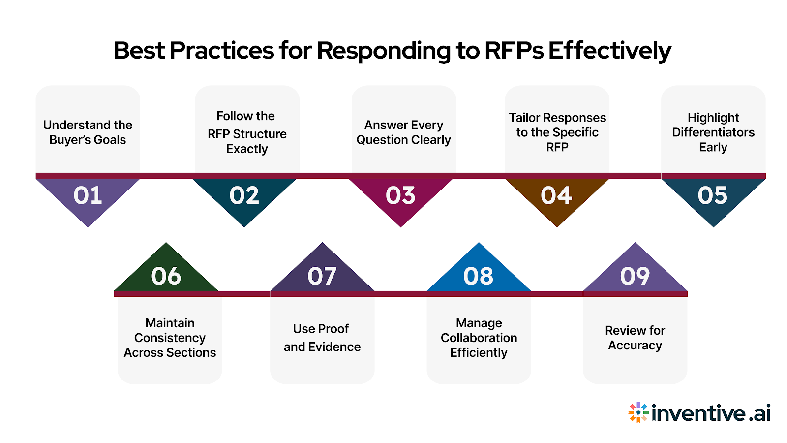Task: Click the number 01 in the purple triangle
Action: (x=88, y=195)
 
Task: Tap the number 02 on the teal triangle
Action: (x=244, y=195)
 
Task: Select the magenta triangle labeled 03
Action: (x=400, y=197)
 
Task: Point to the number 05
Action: (x=712, y=195)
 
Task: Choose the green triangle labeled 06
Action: (x=166, y=276)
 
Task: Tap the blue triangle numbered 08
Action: (x=478, y=276)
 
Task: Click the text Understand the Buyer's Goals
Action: (x=88, y=132)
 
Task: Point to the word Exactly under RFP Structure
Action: (x=247, y=149)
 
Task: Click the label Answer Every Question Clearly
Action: (x=403, y=132)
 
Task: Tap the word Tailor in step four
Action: (x=525, y=118)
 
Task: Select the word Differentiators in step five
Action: (x=713, y=132)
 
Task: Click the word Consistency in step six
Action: (x=170, y=338)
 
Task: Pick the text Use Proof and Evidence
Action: (x=322, y=338)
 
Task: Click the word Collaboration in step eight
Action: (x=479, y=338)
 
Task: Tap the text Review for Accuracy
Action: (x=635, y=338)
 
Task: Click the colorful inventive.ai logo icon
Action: (x=638, y=412)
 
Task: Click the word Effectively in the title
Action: (x=609, y=50)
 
